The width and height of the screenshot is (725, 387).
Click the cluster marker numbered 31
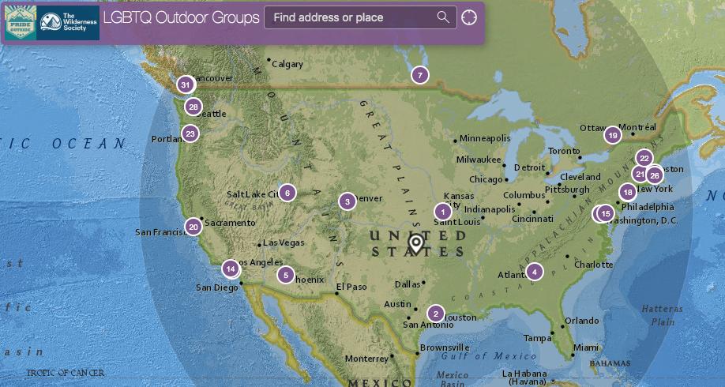click(185, 85)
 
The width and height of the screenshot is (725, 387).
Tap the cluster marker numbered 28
click(193, 107)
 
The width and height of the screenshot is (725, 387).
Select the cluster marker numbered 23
click(190, 133)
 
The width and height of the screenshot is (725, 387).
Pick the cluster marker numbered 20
click(193, 227)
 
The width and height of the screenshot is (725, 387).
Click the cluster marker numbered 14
click(230, 269)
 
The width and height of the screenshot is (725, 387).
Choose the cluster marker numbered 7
click(419, 75)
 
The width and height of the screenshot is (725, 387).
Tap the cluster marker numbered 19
click(612, 135)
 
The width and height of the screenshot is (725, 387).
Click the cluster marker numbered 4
click(535, 272)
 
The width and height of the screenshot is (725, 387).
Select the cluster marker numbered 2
click(434, 313)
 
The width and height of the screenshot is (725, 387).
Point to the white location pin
click(415, 242)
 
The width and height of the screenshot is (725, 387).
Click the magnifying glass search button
click(443, 17)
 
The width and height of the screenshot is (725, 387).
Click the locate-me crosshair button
click(469, 17)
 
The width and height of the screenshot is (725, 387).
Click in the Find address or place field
click(351, 17)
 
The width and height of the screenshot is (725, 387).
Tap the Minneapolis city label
click(486, 138)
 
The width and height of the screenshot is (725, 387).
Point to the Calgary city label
click(287, 64)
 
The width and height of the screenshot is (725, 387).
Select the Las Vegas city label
click(283, 242)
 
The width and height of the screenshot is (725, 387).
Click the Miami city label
click(586, 348)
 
